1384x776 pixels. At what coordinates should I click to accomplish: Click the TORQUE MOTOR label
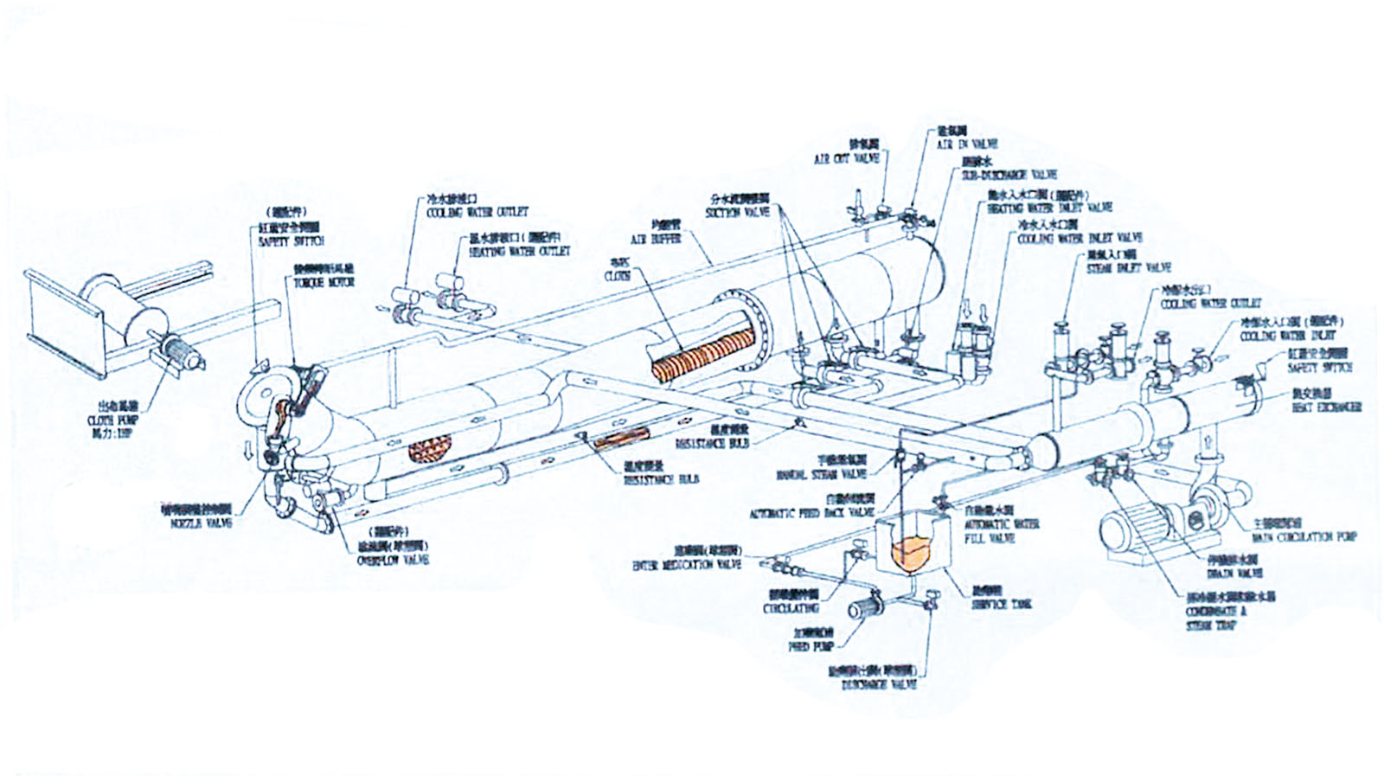(x=324, y=283)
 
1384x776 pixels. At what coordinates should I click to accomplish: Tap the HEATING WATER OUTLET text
(x=520, y=252)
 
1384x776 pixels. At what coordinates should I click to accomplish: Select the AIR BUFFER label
(x=655, y=240)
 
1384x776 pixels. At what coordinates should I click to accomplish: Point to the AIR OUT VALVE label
(x=846, y=159)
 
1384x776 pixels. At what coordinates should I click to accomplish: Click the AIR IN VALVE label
(x=966, y=144)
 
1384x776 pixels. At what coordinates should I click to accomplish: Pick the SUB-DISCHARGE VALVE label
(x=1009, y=175)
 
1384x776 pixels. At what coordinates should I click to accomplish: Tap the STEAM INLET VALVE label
(x=1128, y=268)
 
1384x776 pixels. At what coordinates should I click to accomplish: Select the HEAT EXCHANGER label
(x=1326, y=407)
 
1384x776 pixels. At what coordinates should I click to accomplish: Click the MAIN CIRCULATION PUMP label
(x=1304, y=537)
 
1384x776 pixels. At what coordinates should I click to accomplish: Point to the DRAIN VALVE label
(x=1234, y=573)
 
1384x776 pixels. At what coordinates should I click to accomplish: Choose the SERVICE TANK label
(x=1001, y=604)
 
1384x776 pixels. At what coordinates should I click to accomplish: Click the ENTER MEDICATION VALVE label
(x=687, y=565)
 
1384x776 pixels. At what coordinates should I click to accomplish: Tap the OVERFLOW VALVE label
(x=393, y=561)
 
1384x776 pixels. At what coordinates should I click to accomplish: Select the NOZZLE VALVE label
(x=201, y=523)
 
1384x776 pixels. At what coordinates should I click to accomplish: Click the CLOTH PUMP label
(x=112, y=420)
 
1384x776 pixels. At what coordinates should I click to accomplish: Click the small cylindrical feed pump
(x=862, y=608)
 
